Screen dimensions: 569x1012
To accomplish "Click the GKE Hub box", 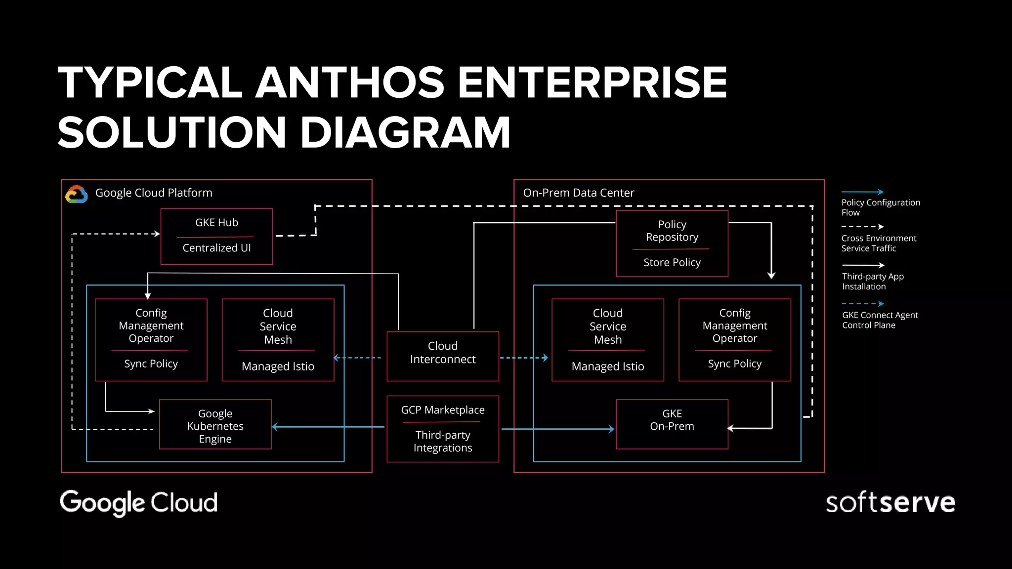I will click(x=216, y=236).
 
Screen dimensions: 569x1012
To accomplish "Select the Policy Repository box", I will click(x=672, y=243).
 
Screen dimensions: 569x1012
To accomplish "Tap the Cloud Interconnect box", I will click(x=442, y=356).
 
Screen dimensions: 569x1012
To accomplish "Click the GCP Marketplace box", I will click(x=442, y=428).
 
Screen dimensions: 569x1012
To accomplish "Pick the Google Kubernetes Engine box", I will click(x=215, y=424).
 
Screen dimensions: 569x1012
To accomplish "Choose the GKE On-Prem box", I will click(x=672, y=423).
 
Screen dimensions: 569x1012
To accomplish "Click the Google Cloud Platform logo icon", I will click(x=77, y=194).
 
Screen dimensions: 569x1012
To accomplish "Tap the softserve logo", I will click(x=890, y=503).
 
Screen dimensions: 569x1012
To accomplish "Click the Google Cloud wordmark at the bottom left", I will click(x=138, y=502).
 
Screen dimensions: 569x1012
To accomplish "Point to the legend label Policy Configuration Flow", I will click(x=880, y=207).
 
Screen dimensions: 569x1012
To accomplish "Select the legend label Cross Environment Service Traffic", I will click(x=878, y=243).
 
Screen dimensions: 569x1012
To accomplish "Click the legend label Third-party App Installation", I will click(x=872, y=282).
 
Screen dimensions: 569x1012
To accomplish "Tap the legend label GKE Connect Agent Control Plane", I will click(x=880, y=320).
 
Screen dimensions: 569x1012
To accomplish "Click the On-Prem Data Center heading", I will click(x=578, y=193).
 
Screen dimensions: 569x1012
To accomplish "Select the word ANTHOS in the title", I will click(x=350, y=82).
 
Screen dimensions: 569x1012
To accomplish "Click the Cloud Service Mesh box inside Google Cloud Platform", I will click(x=278, y=339).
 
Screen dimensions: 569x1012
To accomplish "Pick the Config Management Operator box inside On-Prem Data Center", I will click(x=734, y=339).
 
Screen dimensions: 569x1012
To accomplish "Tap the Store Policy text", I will click(x=672, y=262).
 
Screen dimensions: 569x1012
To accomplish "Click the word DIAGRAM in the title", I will click(x=405, y=132).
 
